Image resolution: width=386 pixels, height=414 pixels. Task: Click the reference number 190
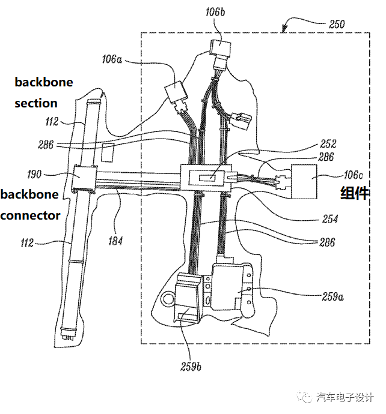pos(35,175)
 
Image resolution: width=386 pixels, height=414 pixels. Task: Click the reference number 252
pos(329,144)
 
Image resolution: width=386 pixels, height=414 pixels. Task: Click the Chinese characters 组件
pos(355,193)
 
